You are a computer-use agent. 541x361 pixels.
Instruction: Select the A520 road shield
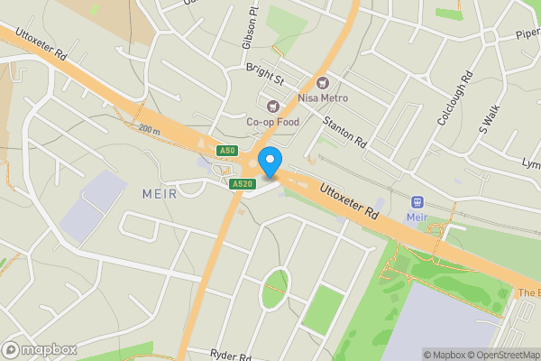coord(240,184)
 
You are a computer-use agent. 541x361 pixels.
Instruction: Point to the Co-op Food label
coord(272,122)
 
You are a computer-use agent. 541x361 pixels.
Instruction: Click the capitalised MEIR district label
coord(160,194)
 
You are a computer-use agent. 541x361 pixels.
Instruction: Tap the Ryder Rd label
coord(230,355)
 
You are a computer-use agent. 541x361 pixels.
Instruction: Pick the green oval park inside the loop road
coord(275,289)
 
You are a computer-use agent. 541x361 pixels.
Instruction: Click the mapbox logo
coord(39,349)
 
